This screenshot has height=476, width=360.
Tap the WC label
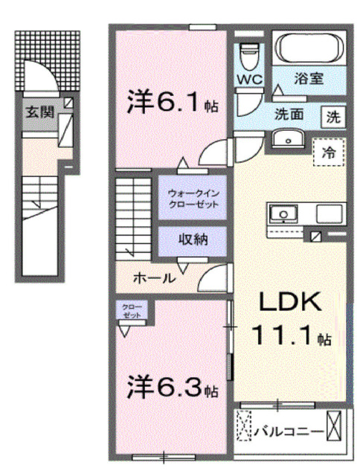pos(248,78)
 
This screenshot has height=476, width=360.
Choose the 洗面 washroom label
pos(289,115)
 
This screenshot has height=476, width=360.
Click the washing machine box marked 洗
pos(333,117)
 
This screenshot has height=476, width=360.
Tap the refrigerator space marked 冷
pos(328,152)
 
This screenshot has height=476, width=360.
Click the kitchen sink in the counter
pos(283,214)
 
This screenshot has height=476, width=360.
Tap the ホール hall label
pos(154,278)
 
